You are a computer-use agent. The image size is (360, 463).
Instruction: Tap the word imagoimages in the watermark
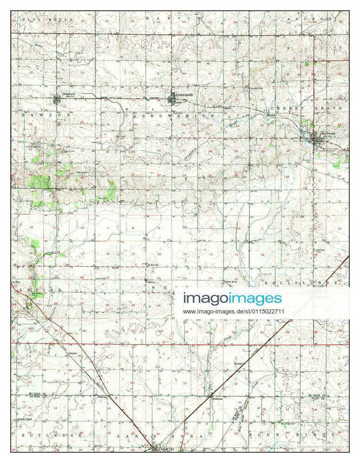232,299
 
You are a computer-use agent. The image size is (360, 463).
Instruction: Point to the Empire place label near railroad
72,353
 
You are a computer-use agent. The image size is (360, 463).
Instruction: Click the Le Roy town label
16,281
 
